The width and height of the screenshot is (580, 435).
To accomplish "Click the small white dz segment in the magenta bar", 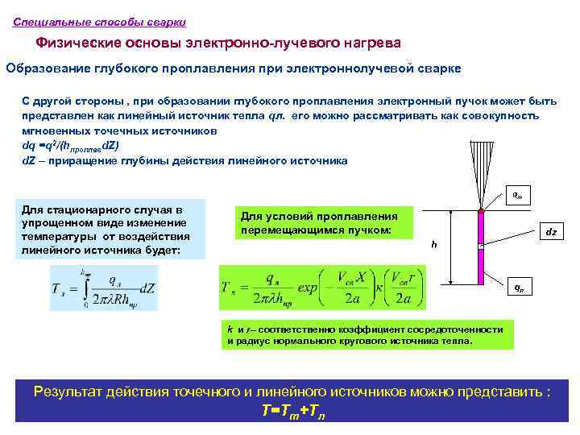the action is (480, 246).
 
